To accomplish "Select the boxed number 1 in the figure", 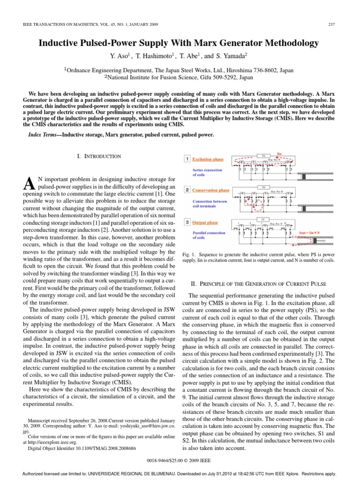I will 186,159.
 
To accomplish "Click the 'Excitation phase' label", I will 208,159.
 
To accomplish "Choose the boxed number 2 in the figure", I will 186,190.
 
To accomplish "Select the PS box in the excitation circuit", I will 264,158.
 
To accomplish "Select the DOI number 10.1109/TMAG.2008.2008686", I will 102,449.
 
